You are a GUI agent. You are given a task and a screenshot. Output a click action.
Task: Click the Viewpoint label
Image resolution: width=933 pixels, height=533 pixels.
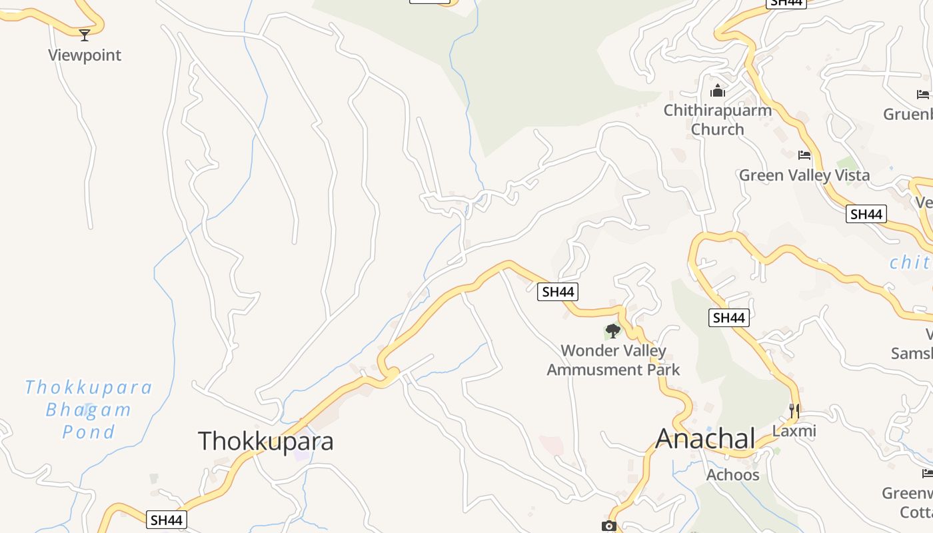[x=85, y=55]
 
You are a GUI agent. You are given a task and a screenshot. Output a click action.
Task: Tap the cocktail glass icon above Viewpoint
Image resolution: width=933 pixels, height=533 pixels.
[x=85, y=35]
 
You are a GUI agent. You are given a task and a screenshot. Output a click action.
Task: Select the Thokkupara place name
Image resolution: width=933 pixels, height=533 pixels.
[x=265, y=441]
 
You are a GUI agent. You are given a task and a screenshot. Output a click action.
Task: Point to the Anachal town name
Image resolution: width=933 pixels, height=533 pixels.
[x=705, y=438]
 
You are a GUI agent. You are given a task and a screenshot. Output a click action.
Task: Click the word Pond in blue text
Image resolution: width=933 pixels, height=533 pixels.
[x=89, y=432]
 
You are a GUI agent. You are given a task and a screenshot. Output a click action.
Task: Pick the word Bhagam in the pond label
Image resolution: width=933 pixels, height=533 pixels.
[x=89, y=410]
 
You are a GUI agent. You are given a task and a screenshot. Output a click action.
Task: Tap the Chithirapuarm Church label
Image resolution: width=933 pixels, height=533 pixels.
[x=717, y=119]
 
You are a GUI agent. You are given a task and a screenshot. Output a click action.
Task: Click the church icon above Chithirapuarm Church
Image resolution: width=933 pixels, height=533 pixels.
[x=718, y=90]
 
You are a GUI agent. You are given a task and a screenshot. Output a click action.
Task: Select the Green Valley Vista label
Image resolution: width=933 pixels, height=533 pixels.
[x=804, y=175]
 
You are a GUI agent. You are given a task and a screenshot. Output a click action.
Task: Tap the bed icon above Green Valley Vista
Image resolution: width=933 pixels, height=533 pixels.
[x=804, y=155]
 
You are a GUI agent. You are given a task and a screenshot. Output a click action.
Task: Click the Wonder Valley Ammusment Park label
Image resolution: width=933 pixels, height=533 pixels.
[x=613, y=360]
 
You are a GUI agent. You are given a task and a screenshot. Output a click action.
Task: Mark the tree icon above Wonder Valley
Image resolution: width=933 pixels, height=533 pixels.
[x=612, y=330]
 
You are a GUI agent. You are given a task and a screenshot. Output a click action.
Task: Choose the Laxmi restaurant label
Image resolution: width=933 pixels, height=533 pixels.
[x=794, y=431]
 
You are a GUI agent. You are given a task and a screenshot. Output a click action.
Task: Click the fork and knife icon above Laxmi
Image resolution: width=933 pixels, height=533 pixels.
[x=794, y=411]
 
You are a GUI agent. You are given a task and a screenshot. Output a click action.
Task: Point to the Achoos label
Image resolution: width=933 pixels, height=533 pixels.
[x=732, y=474]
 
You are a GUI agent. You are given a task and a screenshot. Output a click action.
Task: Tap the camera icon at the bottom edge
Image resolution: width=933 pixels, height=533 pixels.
[x=608, y=526]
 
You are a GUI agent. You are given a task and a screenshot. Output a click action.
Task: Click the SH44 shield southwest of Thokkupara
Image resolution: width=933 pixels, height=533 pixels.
[x=167, y=520]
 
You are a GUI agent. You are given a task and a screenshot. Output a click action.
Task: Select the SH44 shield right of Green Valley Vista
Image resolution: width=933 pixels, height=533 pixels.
[x=866, y=214]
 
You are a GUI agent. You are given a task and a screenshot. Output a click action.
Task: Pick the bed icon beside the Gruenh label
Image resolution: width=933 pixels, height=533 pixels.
[x=923, y=95]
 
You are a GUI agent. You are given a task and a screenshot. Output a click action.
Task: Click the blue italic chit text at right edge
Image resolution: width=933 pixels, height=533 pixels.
[x=911, y=263]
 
